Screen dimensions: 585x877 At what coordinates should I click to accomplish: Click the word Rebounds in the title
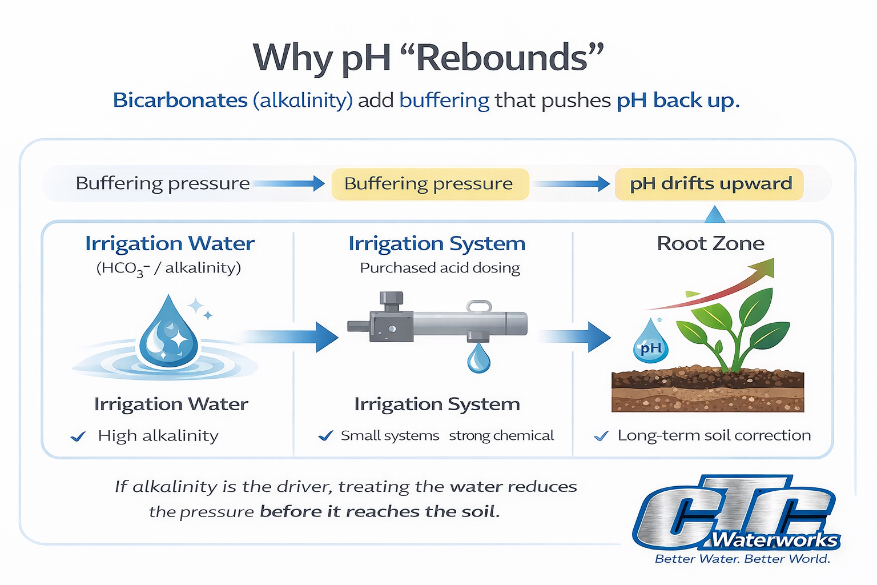(x=502, y=58)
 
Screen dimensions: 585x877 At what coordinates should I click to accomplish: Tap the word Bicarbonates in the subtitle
(x=180, y=101)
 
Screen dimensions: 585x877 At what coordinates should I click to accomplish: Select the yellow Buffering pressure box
(x=429, y=184)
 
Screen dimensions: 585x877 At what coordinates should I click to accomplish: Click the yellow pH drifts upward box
(x=710, y=184)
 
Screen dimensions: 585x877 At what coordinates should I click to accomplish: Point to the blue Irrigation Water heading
(x=170, y=244)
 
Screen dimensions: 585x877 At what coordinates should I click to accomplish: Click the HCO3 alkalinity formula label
(x=168, y=269)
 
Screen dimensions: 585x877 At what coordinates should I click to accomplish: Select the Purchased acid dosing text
(x=440, y=268)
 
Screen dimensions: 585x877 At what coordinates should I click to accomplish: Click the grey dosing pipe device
(x=437, y=323)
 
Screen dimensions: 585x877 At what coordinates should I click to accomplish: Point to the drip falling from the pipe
(x=478, y=359)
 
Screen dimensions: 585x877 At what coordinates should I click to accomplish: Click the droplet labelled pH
(x=650, y=343)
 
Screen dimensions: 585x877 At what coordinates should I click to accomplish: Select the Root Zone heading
(x=710, y=244)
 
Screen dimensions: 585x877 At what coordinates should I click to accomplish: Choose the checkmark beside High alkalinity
(x=78, y=437)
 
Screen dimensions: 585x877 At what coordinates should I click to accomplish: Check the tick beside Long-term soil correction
(x=601, y=437)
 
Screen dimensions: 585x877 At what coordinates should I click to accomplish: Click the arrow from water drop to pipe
(x=291, y=336)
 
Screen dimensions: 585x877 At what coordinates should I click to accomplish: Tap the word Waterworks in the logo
(x=775, y=540)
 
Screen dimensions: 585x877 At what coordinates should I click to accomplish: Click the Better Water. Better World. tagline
(x=742, y=559)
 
